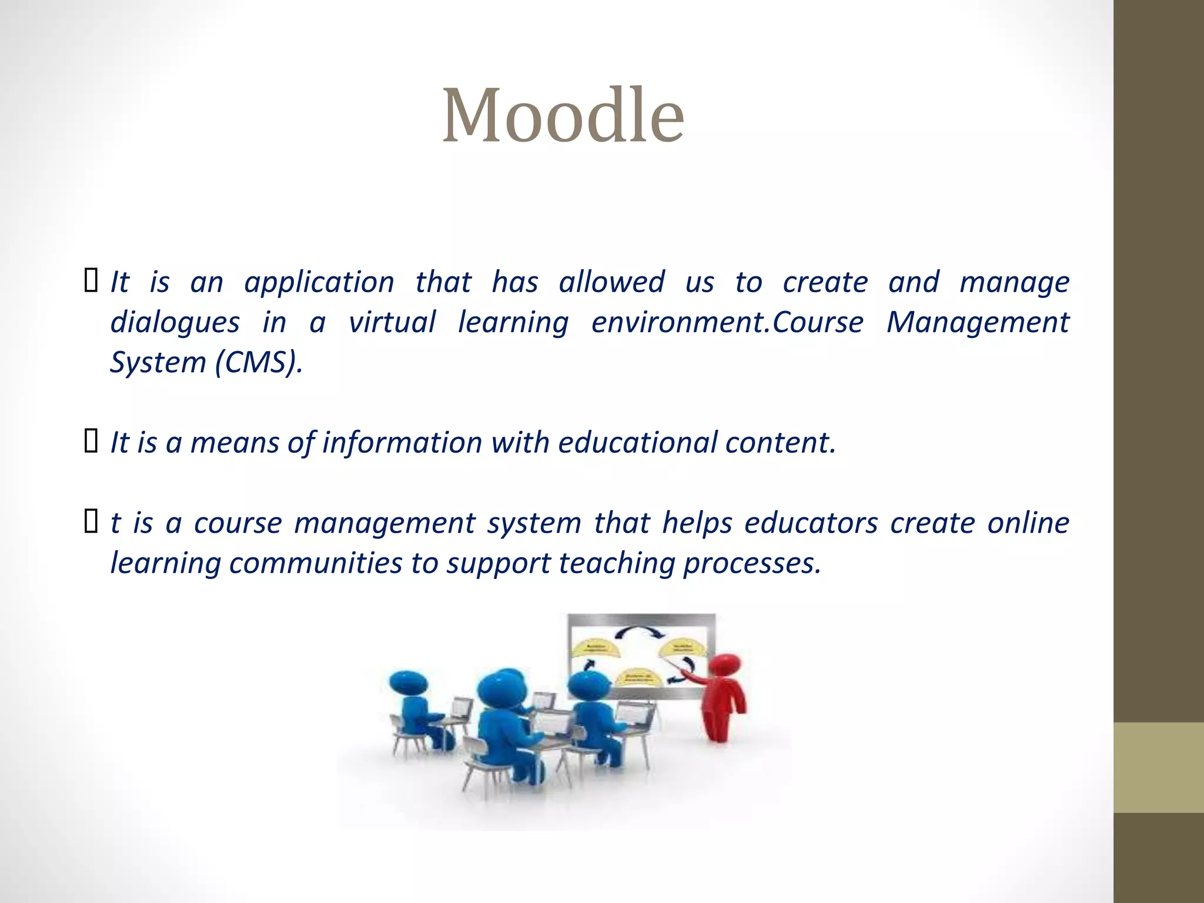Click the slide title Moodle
coord(563,115)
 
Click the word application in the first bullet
coord(319,283)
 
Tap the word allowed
coord(611,282)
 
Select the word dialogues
coord(175,323)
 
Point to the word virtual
coord(392,322)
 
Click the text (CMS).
coord(259,362)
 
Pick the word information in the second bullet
coord(402,443)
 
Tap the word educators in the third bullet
coord(811,523)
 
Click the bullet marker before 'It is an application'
coord(91,280)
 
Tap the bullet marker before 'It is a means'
coord(91,441)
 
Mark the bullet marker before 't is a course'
coord(91,521)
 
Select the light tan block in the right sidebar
coord(1158,767)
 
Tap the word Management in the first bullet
coord(978,323)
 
